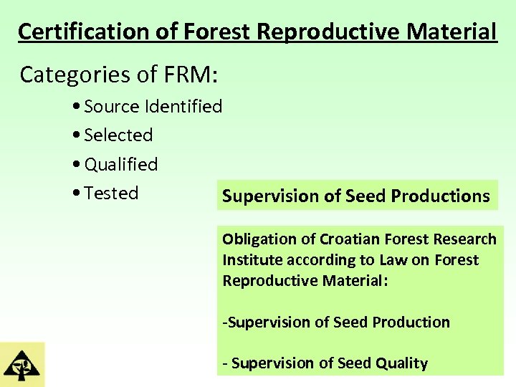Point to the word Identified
click(x=183, y=107)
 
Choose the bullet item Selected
click(x=118, y=135)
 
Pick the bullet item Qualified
click(x=121, y=164)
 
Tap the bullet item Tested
click(x=111, y=193)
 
